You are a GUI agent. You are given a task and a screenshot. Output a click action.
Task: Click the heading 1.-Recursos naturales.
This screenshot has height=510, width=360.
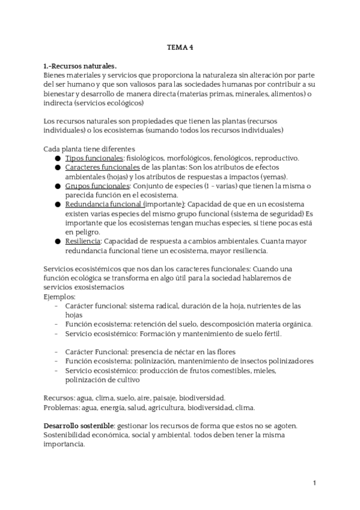pyautogui.click(x=80, y=66)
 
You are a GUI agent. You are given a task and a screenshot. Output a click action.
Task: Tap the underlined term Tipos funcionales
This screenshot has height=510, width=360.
pyautogui.click(x=94, y=158)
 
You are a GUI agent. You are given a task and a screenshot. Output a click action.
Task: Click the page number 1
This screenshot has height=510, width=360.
pyautogui.click(x=314, y=483)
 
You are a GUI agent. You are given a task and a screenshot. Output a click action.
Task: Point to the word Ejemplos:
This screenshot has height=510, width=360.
pyautogui.click(x=60, y=296)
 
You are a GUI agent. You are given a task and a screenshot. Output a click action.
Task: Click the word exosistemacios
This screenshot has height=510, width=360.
pyautogui.click(x=107, y=287)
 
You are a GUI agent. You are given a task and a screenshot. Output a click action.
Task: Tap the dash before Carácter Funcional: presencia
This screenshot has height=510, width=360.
pyautogui.click(x=56, y=352)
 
